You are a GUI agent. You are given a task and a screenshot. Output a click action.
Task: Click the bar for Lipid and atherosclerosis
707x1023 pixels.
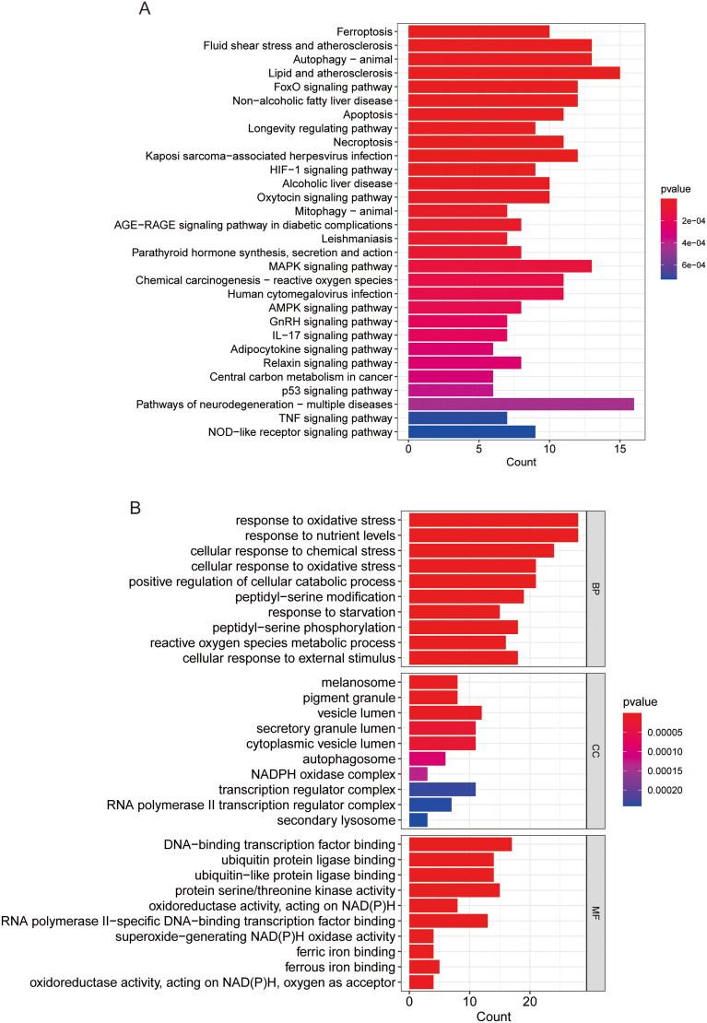click(x=513, y=73)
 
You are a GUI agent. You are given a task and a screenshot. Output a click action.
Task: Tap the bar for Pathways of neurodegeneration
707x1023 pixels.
click(x=521, y=405)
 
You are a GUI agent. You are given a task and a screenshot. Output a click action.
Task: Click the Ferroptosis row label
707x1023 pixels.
click(x=366, y=31)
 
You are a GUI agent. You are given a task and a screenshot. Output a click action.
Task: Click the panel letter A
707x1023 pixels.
click(x=144, y=9)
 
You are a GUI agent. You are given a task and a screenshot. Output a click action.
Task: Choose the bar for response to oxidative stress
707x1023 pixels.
click(x=493, y=519)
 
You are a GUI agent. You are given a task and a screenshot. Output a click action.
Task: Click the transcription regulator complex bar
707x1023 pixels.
click(x=442, y=790)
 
